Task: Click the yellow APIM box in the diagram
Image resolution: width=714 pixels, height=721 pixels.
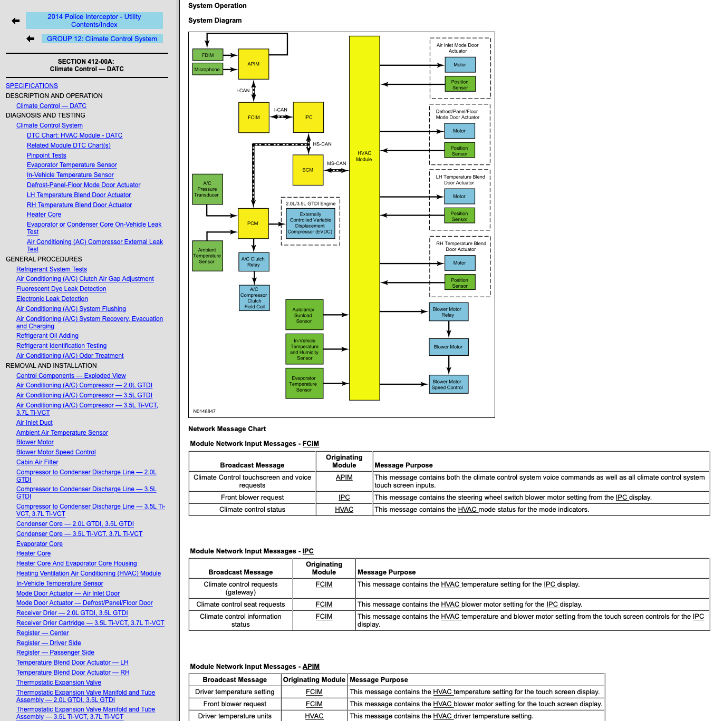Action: click(x=254, y=64)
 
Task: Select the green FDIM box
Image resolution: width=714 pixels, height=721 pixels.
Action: click(x=207, y=55)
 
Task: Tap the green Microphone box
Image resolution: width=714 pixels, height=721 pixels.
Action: click(x=207, y=69)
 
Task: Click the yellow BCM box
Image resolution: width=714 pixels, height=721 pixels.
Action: click(x=308, y=170)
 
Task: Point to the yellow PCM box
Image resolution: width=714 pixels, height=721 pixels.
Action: click(x=253, y=223)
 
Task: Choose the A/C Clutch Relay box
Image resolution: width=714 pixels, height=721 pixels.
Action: click(x=254, y=262)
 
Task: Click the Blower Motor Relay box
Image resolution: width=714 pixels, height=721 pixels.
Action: click(x=448, y=312)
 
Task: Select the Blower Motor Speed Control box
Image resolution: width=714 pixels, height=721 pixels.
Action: click(x=448, y=384)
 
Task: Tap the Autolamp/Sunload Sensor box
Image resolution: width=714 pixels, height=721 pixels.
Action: click(x=304, y=315)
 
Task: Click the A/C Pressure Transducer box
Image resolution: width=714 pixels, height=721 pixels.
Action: click(x=207, y=189)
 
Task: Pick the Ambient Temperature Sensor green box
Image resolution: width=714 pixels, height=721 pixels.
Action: click(x=207, y=256)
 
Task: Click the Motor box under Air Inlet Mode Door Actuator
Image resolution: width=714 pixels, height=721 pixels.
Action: click(x=460, y=65)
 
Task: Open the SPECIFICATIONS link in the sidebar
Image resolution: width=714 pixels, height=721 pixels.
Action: click(x=32, y=86)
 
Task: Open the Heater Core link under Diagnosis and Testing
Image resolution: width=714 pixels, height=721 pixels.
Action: click(x=44, y=215)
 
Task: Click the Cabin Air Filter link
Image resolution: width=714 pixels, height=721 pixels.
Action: click(x=37, y=462)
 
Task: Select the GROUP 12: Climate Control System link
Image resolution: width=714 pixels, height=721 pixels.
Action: click(x=102, y=38)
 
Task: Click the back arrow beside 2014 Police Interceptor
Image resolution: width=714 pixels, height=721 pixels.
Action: click(x=16, y=21)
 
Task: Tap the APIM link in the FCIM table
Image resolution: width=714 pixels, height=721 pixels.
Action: click(x=344, y=478)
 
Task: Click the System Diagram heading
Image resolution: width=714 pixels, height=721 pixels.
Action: click(x=215, y=20)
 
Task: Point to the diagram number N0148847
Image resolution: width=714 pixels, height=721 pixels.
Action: click(x=204, y=411)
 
